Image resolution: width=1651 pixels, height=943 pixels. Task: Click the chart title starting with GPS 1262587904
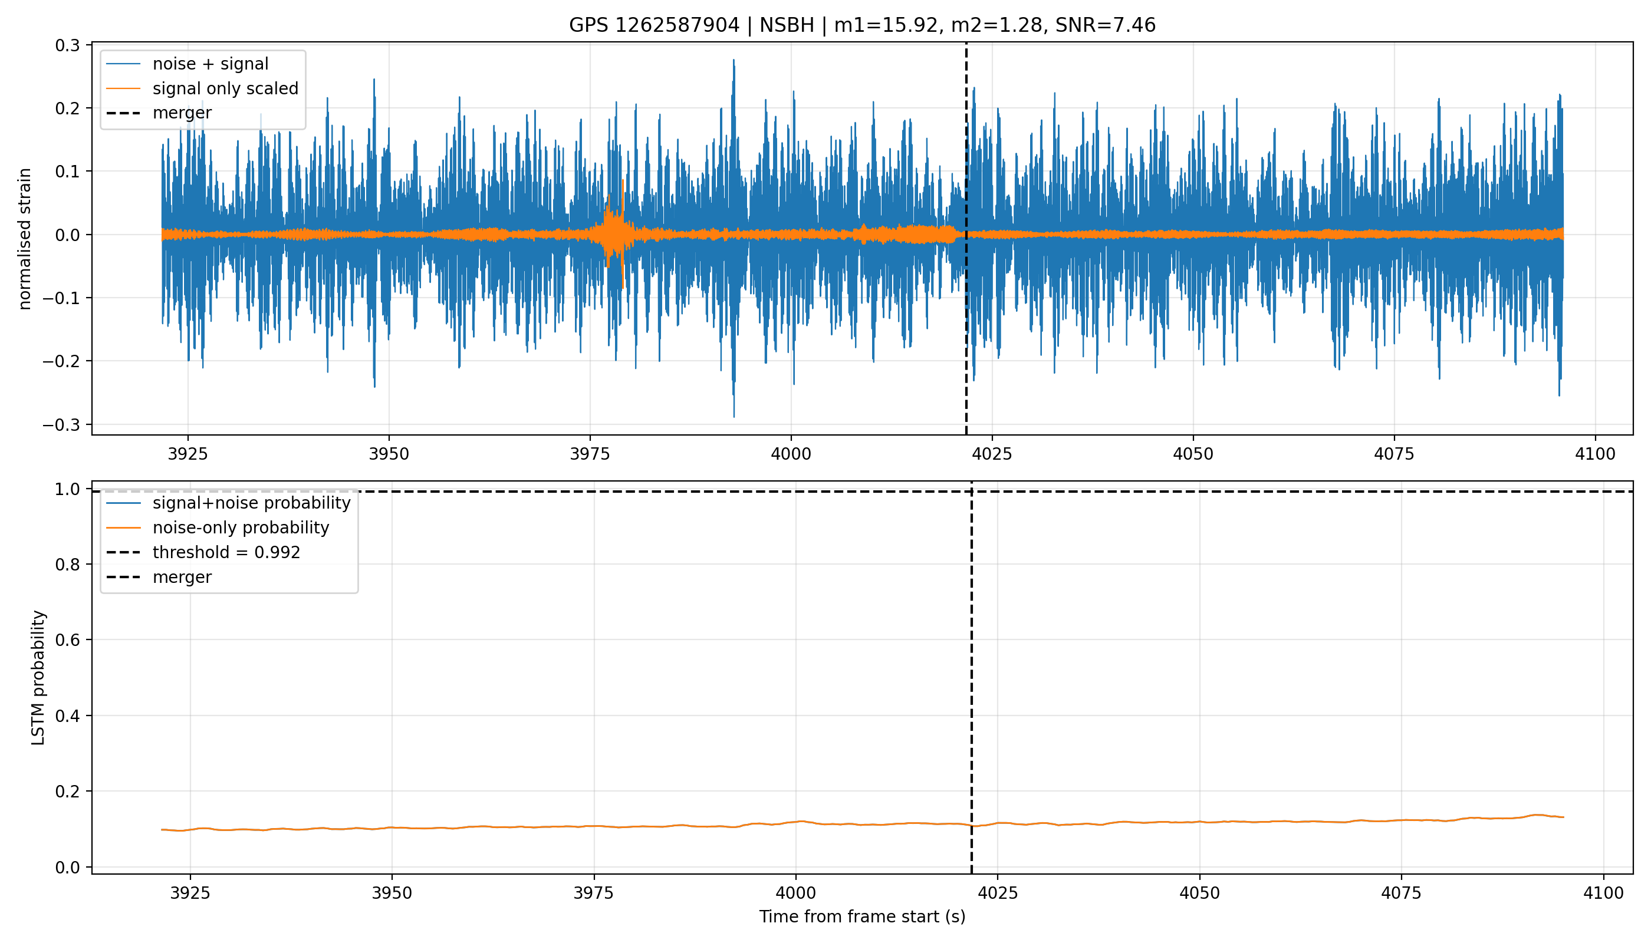point(862,25)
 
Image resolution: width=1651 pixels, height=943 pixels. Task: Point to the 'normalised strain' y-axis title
point(25,239)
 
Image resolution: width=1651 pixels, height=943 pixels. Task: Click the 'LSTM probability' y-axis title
point(38,677)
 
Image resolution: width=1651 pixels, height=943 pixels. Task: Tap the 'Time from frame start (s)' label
point(862,917)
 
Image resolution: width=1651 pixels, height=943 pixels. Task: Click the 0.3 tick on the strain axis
point(67,45)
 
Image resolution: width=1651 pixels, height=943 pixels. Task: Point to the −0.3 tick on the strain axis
point(61,425)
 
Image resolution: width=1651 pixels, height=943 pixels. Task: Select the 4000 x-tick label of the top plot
point(791,454)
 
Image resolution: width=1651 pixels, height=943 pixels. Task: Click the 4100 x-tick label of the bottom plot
point(1603,893)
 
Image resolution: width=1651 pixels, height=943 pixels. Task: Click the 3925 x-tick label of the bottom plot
point(190,893)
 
